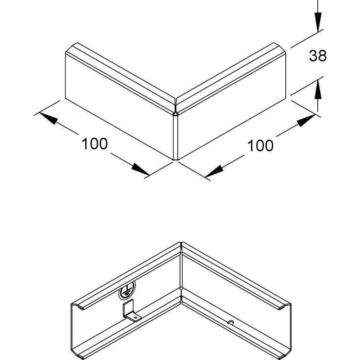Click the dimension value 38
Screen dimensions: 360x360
point(318,55)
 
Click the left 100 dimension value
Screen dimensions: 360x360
point(94,144)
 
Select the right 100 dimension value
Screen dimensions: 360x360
point(261,145)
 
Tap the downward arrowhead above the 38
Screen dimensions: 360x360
point(318,22)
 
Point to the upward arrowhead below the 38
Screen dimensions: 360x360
point(318,89)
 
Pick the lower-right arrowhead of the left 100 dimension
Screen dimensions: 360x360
point(140,170)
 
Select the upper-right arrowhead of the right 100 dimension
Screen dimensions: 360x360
point(306,120)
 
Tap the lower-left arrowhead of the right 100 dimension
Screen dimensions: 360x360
point(215,171)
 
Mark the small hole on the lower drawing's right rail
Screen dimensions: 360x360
point(231,323)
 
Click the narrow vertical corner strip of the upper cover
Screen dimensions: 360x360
point(175,137)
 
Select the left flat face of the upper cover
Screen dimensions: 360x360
point(119,106)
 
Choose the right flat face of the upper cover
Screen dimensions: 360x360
point(232,106)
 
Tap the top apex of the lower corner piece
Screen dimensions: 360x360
point(181,243)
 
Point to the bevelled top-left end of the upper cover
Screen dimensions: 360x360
point(71,48)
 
